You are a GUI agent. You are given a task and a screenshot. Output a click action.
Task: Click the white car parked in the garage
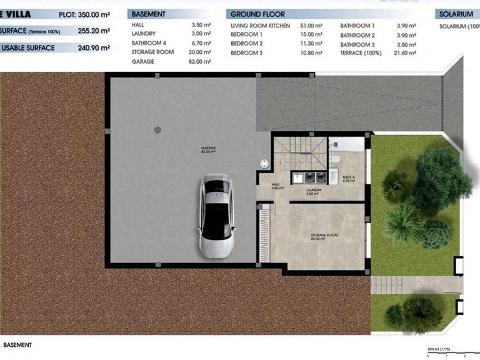coord(216,216)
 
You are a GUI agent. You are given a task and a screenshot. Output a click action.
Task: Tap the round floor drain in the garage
coord(157,130)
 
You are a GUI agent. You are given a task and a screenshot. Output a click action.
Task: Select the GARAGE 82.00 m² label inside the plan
coord(209,150)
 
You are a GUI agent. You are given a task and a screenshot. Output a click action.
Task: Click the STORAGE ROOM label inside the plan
coord(324,237)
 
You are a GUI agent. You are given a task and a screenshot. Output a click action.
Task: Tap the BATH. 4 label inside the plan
coord(349,178)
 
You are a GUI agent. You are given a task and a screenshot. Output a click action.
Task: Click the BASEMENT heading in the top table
coord(149,14)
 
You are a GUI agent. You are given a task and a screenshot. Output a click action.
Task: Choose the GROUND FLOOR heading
coord(257,14)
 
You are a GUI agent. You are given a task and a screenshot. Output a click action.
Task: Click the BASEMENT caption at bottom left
coord(17,344)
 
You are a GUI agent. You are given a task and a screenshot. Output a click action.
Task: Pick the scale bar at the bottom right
coord(447,354)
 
